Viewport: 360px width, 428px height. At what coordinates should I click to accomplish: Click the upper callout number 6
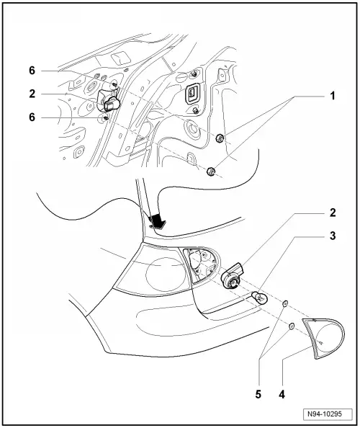[x=32, y=71]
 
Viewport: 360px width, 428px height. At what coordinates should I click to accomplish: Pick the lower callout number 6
[x=32, y=117]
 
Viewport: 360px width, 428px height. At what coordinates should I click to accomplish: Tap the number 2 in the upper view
[x=32, y=94]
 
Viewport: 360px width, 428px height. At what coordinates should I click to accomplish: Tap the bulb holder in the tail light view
[x=233, y=277]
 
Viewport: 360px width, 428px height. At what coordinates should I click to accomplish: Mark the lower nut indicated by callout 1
[x=211, y=171]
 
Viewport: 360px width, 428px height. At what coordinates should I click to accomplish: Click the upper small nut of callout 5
[x=286, y=304]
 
